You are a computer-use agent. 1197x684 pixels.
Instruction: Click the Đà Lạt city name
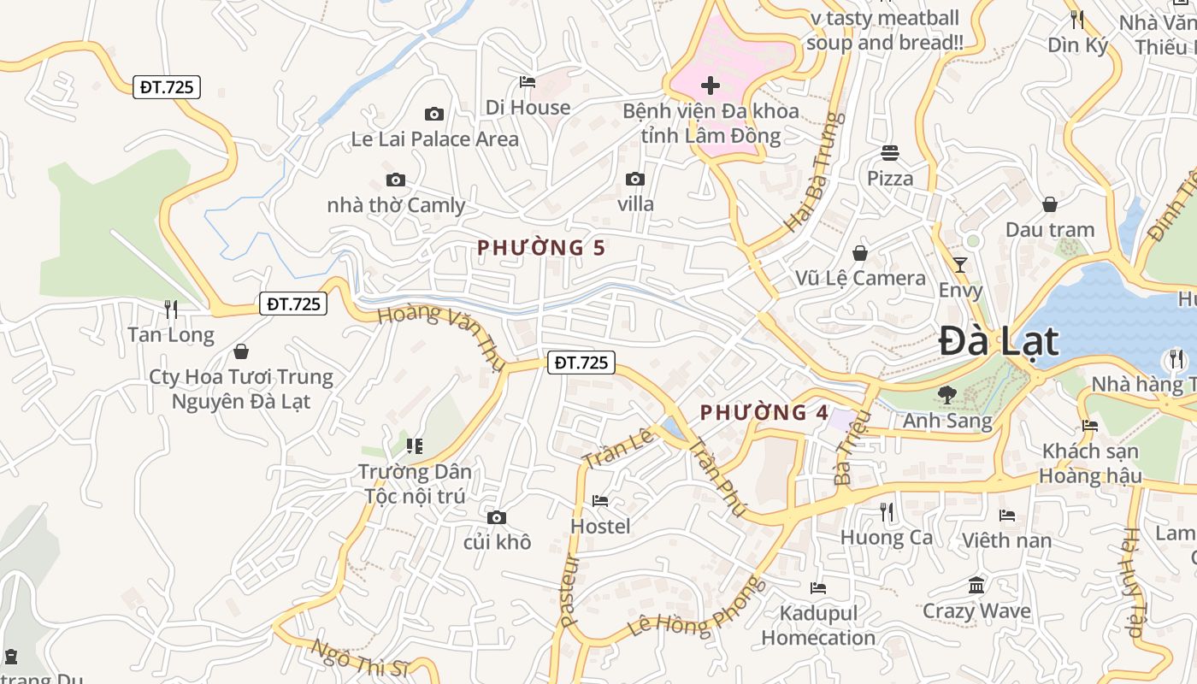click(x=999, y=342)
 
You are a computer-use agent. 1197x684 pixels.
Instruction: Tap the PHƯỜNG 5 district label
click(x=540, y=248)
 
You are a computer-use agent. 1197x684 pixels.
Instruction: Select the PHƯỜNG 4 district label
click(x=764, y=413)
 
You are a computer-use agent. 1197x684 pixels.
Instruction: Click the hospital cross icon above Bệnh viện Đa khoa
click(x=710, y=85)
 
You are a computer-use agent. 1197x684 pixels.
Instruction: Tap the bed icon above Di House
click(x=528, y=82)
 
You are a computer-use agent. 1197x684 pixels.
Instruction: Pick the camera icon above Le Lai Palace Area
click(x=434, y=114)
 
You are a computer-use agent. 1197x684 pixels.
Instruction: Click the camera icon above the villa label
click(x=634, y=179)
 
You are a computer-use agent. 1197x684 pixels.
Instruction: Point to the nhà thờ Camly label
click(x=396, y=205)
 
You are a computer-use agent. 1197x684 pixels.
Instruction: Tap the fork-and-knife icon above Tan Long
click(x=171, y=310)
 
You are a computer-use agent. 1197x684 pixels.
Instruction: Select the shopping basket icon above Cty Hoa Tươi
click(x=241, y=351)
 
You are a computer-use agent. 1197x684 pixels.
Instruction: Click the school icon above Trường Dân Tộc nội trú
click(x=415, y=445)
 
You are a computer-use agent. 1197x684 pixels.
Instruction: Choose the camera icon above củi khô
click(x=496, y=517)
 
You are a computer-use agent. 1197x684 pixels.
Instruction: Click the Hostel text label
click(x=600, y=526)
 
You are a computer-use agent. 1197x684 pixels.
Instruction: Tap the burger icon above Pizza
click(x=890, y=153)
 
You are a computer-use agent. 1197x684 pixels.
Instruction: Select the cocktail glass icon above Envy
click(x=960, y=265)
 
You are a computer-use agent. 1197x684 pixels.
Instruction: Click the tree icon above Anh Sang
click(x=946, y=395)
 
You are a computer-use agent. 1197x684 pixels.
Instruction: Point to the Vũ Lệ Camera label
click(x=860, y=278)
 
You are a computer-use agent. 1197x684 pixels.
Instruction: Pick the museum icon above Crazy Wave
click(x=976, y=586)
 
